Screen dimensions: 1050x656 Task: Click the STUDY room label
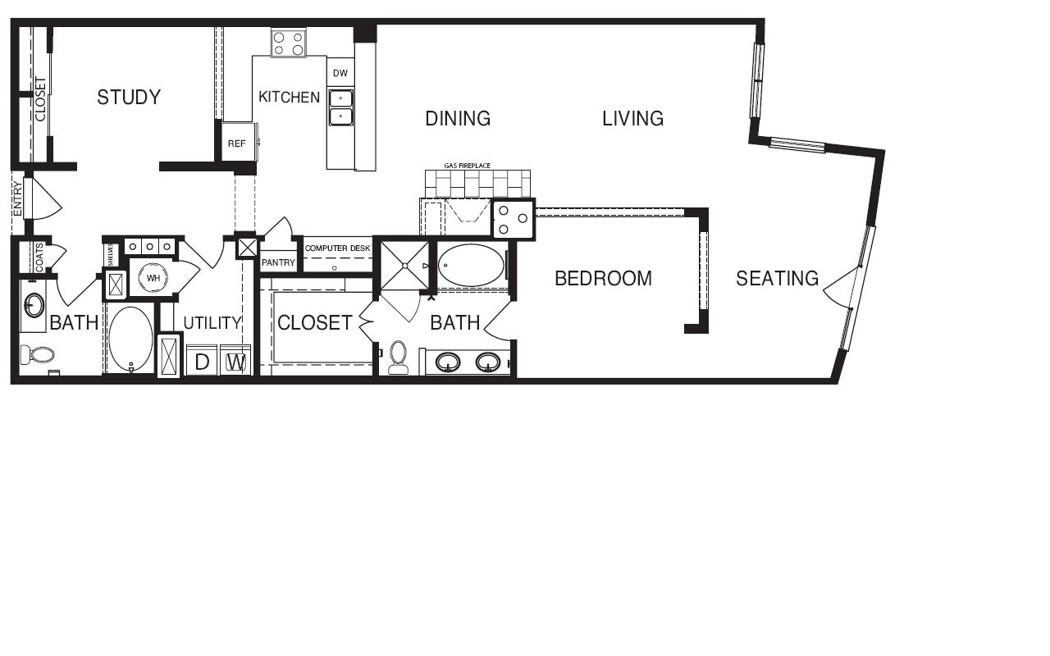129,97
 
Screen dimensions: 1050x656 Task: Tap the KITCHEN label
290,97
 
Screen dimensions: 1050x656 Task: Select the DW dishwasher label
340,73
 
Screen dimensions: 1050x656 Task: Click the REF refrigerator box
238,142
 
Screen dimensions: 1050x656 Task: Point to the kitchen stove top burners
288,43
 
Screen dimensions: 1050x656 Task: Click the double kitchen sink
340,107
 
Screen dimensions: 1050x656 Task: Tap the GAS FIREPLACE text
468,166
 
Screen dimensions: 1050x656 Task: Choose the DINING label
458,119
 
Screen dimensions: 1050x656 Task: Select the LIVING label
632,119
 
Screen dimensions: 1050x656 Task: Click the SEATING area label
777,278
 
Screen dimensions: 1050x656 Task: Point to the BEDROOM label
603,278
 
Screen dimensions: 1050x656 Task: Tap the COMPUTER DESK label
337,248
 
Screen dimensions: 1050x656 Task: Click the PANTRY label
278,262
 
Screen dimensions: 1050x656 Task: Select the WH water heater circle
153,278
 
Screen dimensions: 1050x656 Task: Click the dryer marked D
202,361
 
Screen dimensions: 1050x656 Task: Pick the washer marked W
235,361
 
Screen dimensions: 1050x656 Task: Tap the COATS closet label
39,257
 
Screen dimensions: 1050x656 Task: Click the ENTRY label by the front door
18,199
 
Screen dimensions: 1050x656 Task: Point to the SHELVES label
111,255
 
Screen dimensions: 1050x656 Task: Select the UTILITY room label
212,323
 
